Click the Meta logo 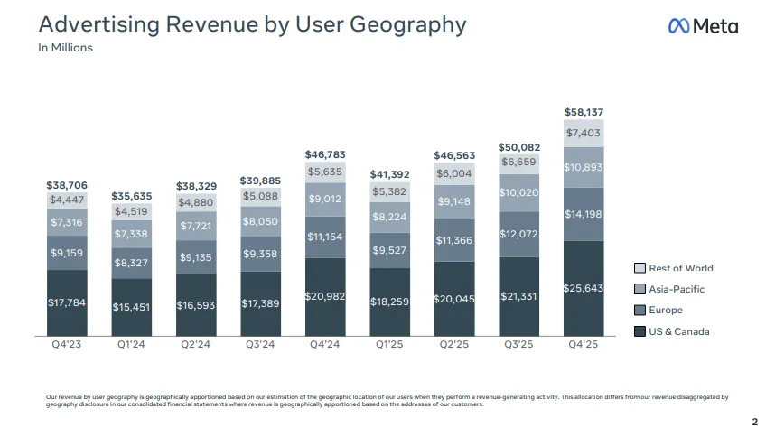pyautogui.click(x=703, y=26)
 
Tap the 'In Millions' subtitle pyautogui.click(x=65, y=48)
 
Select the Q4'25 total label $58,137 pyautogui.click(x=584, y=112)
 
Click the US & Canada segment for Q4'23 pyautogui.click(x=67, y=302)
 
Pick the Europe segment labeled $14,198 pyautogui.click(x=584, y=214)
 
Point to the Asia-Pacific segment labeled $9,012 pyautogui.click(x=325, y=200)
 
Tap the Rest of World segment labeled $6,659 pyautogui.click(x=519, y=163)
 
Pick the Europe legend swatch pyautogui.click(x=640, y=311)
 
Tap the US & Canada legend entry pyautogui.click(x=678, y=331)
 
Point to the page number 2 pyautogui.click(x=754, y=422)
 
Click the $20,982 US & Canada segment pyautogui.click(x=325, y=296)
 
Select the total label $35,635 pyautogui.click(x=132, y=195)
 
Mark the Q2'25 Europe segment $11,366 pyautogui.click(x=454, y=240)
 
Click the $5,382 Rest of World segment pyautogui.click(x=390, y=191)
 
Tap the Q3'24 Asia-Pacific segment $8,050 pyautogui.click(x=261, y=220)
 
